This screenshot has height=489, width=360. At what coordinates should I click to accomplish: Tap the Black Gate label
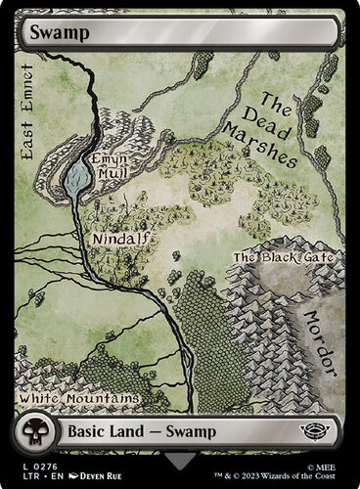pos(283,257)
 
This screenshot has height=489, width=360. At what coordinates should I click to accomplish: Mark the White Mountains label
pos(78,399)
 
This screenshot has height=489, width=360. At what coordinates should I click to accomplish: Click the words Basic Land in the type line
pos(102,430)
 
